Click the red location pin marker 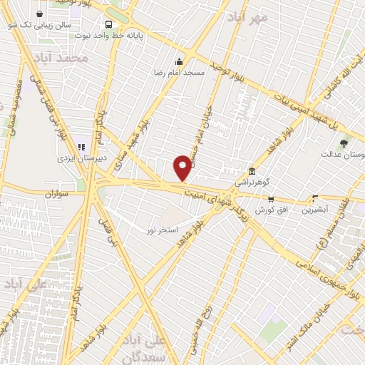[183, 168]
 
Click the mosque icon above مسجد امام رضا [180, 61]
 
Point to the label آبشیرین [315, 210]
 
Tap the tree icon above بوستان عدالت [344, 143]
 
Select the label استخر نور [162, 230]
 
